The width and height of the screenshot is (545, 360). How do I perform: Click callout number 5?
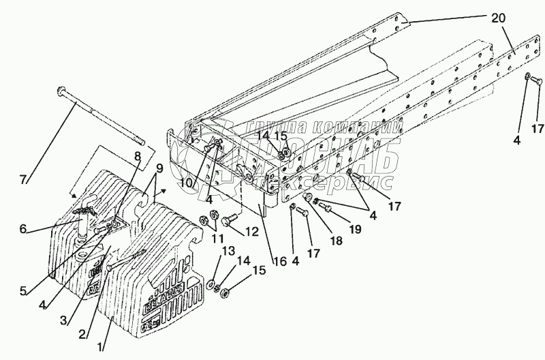pos(23,292)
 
